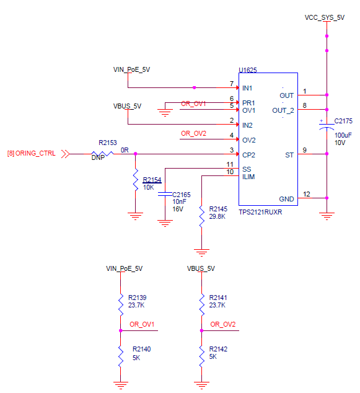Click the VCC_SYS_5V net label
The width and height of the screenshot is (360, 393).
tap(325, 18)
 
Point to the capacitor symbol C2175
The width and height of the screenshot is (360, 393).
tap(327, 125)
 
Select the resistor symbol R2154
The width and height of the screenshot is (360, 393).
tap(135, 180)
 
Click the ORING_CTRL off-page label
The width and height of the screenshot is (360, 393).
tap(35, 153)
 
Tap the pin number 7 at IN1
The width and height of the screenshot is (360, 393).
tap(231, 84)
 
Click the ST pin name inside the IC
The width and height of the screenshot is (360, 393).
tap(289, 154)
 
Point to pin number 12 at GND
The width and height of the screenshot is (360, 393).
tap(305, 194)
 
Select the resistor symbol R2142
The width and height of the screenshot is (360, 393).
tap(201, 356)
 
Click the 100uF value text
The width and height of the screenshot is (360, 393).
tap(343, 135)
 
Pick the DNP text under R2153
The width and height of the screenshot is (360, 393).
tap(98, 159)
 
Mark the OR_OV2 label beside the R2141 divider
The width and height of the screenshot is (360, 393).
tap(223, 325)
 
